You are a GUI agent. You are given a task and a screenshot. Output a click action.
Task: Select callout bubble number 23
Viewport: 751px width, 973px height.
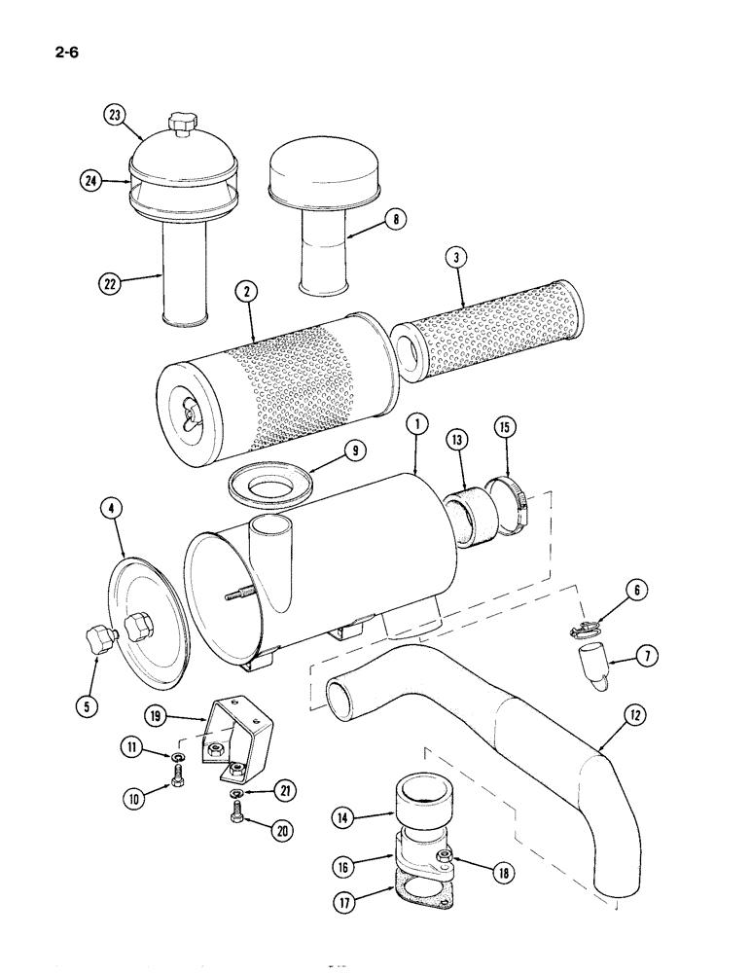[117, 116]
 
